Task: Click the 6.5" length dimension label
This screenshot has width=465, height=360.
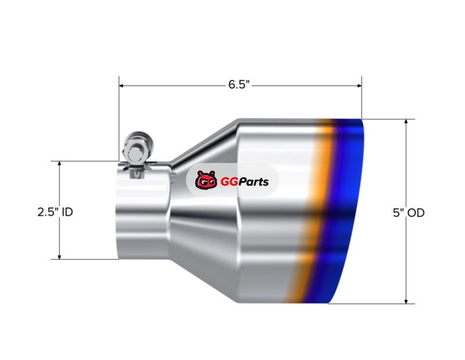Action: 239,85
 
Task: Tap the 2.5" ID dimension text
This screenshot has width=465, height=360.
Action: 55,212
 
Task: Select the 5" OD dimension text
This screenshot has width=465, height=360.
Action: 409,213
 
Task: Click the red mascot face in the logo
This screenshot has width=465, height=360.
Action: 206,180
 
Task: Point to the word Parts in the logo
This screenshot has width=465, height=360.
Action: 253,181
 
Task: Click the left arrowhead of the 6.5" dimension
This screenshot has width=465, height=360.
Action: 121,85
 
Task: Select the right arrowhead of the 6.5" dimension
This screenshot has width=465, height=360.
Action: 359,85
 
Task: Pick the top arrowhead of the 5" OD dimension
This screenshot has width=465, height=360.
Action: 406,122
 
